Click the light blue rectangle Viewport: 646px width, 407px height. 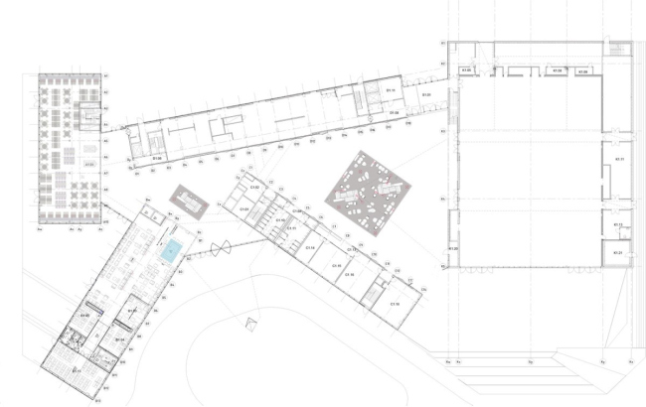173,250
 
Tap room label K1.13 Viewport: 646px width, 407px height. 617,225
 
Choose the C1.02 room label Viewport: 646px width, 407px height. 254,187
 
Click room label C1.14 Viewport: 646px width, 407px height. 310,247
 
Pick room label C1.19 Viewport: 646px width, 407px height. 394,303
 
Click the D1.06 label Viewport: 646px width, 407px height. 157,158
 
